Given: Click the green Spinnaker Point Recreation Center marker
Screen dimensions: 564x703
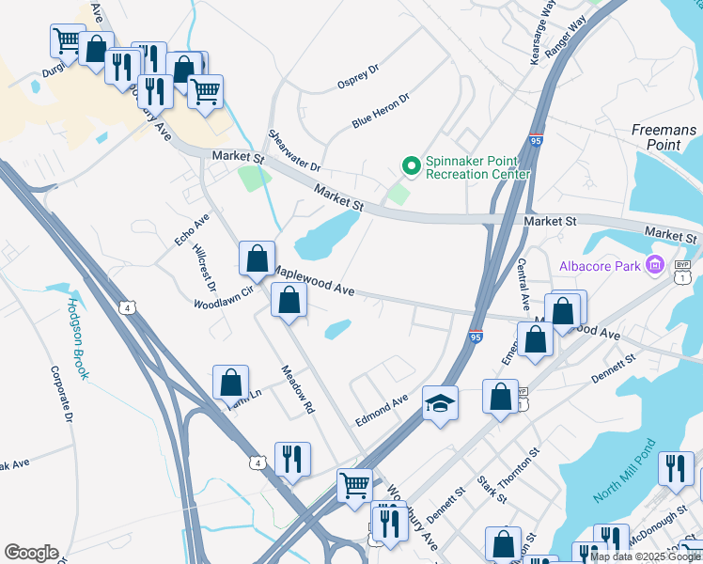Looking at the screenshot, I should pyautogui.click(x=411, y=165).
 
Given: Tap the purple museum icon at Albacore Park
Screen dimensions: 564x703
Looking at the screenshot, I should pyautogui.click(x=655, y=266).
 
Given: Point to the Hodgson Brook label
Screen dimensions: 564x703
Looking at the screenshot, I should pyautogui.click(x=77, y=339).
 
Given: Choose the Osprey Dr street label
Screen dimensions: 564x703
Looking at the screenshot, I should pyautogui.click(x=357, y=77).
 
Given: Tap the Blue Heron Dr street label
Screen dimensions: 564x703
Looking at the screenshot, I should pyautogui.click(x=382, y=110).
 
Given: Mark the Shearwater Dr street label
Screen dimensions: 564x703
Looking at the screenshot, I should pyautogui.click(x=295, y=150).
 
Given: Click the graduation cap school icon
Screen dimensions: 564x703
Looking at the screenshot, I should pyautogui.click(x=440, y=403).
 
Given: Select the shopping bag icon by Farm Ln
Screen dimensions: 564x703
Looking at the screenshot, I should pyautogui.click(x=230, y=383).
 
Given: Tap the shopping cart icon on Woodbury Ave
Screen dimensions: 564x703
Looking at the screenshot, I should pyautogui.click(x=354, y=486).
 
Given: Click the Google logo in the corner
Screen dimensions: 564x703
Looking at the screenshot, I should pyautogui.click(x=31, y=552).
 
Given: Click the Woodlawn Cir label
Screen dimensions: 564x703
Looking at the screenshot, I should pyautogui.click(x=224, y=298).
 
